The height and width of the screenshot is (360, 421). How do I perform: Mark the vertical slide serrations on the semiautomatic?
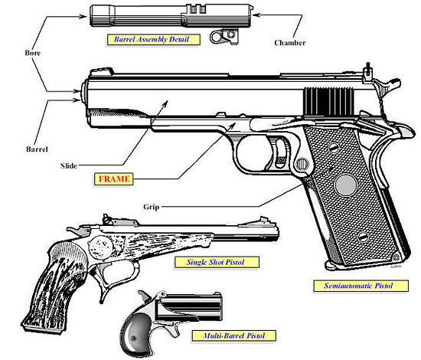[322, 103]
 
